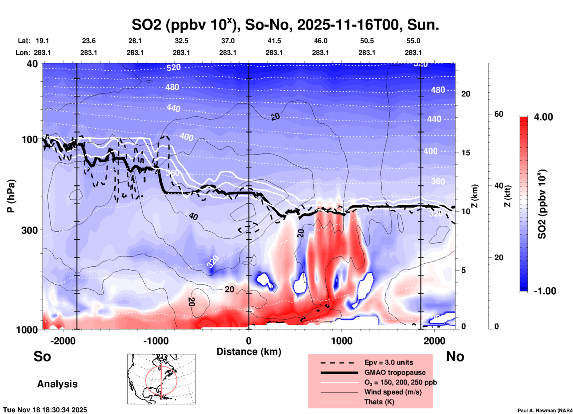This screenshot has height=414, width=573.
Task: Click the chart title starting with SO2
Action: coord(285,25)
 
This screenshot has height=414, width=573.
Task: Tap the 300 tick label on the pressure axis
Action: coord(29,230)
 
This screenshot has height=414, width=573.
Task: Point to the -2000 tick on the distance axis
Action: coord(63,341)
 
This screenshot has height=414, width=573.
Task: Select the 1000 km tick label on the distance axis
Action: coord(342,341)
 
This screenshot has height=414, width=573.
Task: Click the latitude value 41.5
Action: coord(274,41)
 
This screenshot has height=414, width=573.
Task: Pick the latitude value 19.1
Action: coord(42,41)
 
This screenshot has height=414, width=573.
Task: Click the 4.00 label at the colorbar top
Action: coord(543,117)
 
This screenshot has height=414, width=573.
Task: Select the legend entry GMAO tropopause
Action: coord(395,372)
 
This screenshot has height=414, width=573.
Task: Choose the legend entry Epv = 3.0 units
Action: coord(389,362)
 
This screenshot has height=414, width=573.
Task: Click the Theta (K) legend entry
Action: coord(379,402)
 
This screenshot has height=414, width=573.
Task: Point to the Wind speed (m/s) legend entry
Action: coord(393,392)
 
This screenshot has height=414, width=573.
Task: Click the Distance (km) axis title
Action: coord(249,352)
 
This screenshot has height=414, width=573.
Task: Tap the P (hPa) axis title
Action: coord(11,196)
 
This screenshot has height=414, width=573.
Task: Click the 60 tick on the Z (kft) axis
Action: coord(499,114)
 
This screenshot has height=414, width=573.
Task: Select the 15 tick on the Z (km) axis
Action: coord(466,153)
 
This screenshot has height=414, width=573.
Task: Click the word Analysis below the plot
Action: coord(57,384)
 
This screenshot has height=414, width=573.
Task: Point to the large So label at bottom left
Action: coord(42,356)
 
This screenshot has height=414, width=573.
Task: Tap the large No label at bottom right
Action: coord(455,356)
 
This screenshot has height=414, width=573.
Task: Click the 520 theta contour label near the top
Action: coord(173,67)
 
